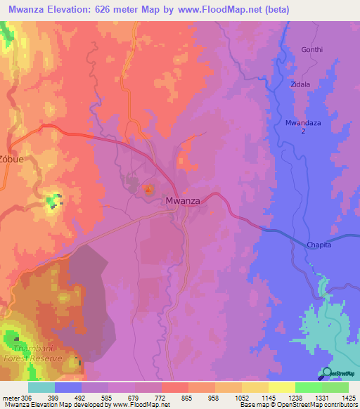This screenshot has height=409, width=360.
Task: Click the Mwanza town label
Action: coord(183,201)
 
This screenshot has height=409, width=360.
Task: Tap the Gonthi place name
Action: coord(312,50)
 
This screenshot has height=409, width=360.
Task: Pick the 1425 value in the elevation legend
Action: coord(348,398)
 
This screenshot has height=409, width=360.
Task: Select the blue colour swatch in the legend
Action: coord(68,387)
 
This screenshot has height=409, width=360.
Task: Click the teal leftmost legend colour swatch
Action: coord(41,387)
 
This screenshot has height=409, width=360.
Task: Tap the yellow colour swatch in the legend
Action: coord(281,387)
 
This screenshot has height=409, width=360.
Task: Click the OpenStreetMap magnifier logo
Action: coord(326,373)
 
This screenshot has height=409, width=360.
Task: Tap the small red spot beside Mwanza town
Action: coord(148,188)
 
